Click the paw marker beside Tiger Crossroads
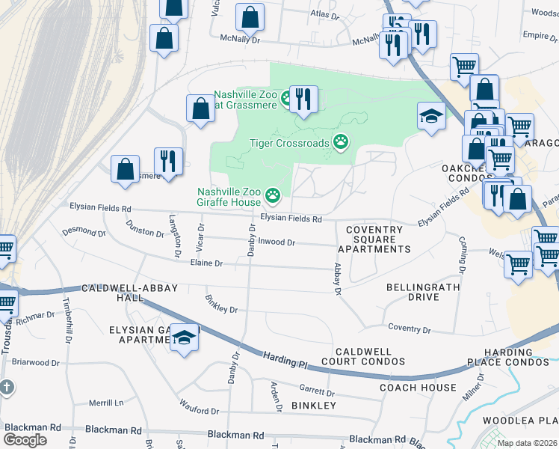point(342,142)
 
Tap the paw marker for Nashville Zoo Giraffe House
point(273,197)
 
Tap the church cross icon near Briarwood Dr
point(6,388)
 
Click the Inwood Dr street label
point(277,242)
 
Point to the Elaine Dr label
point(208,263)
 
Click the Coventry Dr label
point(410,329)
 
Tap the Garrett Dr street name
point(316,391)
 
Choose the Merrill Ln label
point(105,403)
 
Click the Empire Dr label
point(536,34)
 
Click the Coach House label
point(417,387)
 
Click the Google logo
point(25,439)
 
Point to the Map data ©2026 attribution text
point(526,443)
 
